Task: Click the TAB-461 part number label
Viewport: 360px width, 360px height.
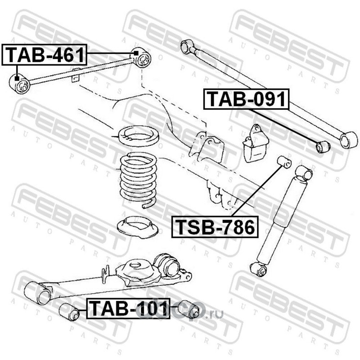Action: pos(44,54)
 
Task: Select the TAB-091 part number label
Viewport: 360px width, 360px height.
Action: pos(246,99)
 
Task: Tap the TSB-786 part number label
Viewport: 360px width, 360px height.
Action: pos(215,227)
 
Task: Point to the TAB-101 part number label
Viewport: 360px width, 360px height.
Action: pos(128,308)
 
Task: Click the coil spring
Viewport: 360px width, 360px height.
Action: pos(139,180)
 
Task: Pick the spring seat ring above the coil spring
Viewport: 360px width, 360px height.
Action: pos(138,136)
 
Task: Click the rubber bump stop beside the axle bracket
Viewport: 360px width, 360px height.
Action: pos(255,144)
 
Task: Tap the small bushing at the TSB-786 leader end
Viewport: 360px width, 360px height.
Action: pos(284,162)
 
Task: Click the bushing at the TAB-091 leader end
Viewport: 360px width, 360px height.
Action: pos(323,147)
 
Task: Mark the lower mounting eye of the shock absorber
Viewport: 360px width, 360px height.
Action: pos(258,270)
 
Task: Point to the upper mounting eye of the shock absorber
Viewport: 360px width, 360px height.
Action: pos(304,173)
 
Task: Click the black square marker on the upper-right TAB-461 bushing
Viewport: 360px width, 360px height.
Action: pos(136,53)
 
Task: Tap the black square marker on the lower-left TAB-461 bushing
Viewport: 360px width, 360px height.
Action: pos(17,78)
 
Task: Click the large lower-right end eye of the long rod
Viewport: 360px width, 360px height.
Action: pos(348,140)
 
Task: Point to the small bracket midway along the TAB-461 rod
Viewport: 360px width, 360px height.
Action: pos(76,75)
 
